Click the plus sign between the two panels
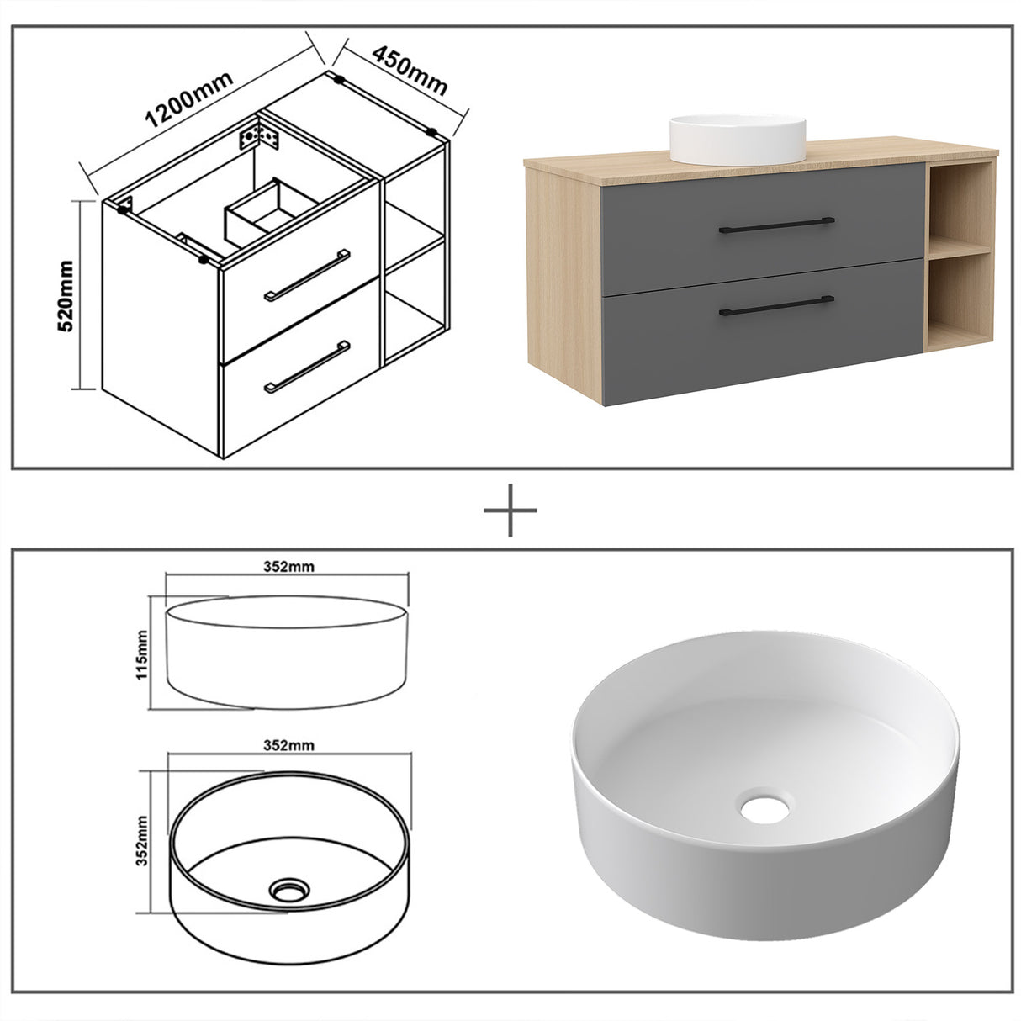511,510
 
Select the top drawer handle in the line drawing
307,274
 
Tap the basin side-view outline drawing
288,652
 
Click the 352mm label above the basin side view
288,566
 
